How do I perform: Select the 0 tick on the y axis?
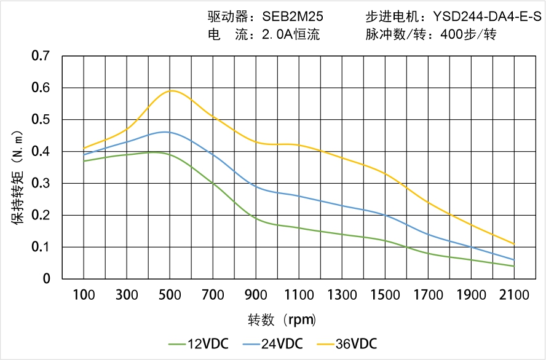pyautogui.click(x=47, y=279)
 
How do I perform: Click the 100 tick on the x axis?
pyautogui.click(x=84, y=295)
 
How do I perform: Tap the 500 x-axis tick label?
pyautogui.click(x=170, y=295)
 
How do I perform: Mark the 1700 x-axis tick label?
pyautogui.click(x=428, y=295)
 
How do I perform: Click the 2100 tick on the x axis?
pyautogui.click(x=514, y=295)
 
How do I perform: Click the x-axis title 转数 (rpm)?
pyautogui.click(x=282, y=320)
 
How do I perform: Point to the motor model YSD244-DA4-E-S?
pyautogui.click(x=488, y=17)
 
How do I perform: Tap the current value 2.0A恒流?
pyautogui.click(x=291, y=34)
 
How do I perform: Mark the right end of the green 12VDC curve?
pyautogui.click(x=514, y=266)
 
